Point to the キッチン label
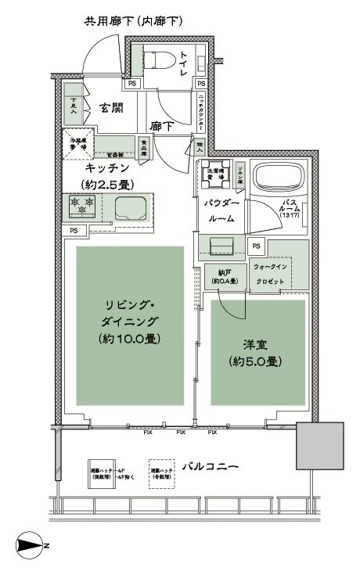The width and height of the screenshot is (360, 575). tap(107, 167)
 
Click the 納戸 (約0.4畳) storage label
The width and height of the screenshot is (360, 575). tap(225, 278)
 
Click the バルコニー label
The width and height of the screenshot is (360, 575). tap(211, 467)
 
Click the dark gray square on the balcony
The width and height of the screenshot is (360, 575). tap(319, 447)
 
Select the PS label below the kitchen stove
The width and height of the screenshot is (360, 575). tap(73, 231)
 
